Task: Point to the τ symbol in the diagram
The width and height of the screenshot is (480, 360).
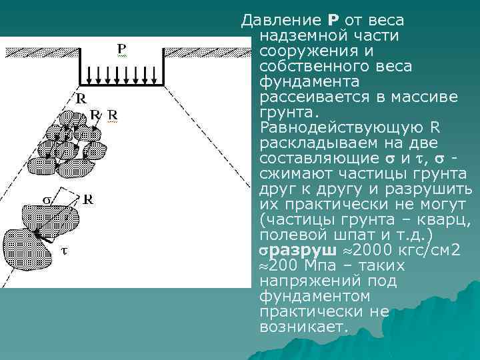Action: [65, 252]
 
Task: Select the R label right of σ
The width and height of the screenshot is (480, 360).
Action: [87, 199]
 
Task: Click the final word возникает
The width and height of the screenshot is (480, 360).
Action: [301, 327]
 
